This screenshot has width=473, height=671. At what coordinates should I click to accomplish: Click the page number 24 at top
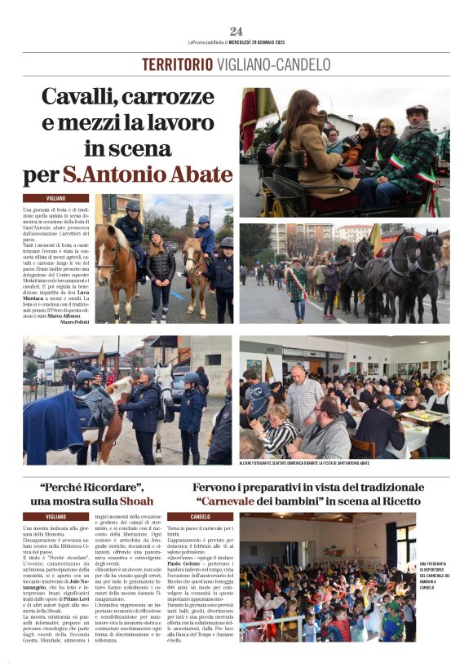click(x=236, y=31)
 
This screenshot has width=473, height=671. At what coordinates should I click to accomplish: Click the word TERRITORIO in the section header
click(x=178, y=64)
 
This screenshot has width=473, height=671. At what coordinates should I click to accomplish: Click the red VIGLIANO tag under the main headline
click(x=56, y=198)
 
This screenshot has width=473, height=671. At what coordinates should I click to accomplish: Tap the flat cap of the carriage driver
click(x=418, y=110)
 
